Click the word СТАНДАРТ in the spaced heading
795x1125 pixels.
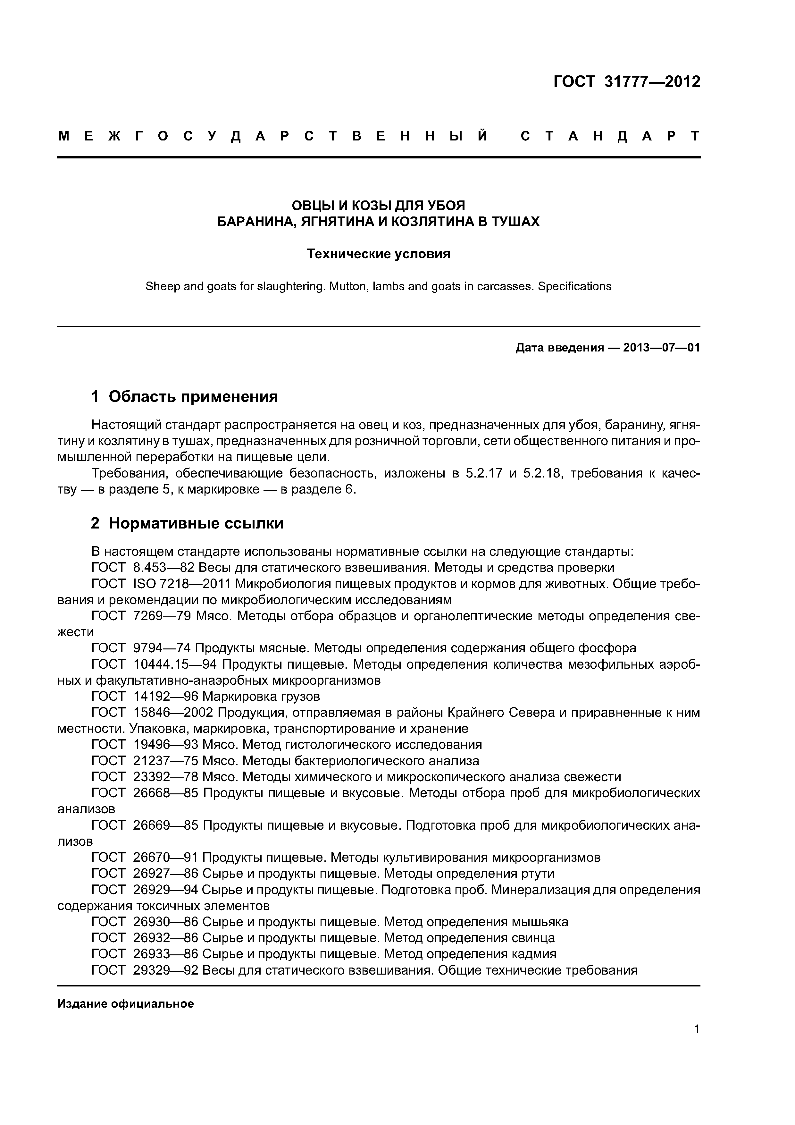(x=610, y=136)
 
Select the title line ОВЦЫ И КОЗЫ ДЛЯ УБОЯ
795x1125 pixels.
(x=378, y=205)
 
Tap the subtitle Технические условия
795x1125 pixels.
(x=378, y=254)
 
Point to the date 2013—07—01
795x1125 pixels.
(x=661, y=348)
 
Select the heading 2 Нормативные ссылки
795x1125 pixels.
(x=187, y=523)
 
